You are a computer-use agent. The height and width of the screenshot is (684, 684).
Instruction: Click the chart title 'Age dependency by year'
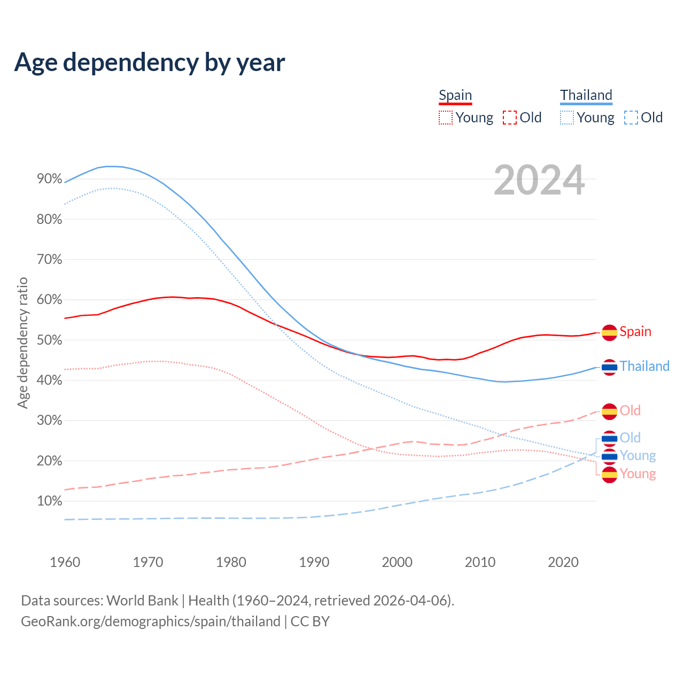pyautogui.click(x=150, y=63)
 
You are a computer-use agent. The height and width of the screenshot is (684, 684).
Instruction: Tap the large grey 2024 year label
pyautogui.click(x=539, y=181)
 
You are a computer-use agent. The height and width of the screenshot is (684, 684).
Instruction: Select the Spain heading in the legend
pyautogui.click(x=455, y=96)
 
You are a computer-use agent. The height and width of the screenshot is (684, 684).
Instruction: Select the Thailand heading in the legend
pyautogui.click(x=586, y=96)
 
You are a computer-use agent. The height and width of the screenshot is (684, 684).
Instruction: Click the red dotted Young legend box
pyautogui.click(x=446, y=118)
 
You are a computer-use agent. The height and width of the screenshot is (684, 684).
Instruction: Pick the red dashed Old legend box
pyautogui.click(x=510, y=118)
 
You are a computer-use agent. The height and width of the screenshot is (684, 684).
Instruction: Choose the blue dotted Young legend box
pyautogui.click(x=567, y=118)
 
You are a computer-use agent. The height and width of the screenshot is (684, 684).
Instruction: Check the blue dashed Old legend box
pyautogui.click(x=631, y=118)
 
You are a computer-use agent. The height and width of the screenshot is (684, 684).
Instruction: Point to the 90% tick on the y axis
pyautogui.click(x=50, y=179)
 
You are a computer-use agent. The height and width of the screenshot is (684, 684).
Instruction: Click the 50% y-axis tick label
pyautogui.click(x=50, y=340)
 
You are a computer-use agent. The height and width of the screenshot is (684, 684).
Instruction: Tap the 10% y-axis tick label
pyautogui.click(x=50, y=501)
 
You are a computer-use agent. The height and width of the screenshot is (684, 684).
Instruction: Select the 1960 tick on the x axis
pyautogui.click(x=65, y=562)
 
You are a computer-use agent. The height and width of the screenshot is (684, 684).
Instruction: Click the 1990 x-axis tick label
pyautogui.click(x=314, y=562)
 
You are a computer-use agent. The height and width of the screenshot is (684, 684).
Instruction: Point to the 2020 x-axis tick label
pyautogui.click(x=563, y=562)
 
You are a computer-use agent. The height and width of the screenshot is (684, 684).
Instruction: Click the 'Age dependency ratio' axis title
pyautogui.click(x=22, y=343)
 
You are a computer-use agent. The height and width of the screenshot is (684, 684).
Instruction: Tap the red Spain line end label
pyautogui.click(x=635, y=332)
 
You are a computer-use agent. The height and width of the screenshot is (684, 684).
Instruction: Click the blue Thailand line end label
pyautogui.click(x=644, y=367)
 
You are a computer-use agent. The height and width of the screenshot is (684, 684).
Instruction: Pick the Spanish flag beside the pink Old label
pyautogui.click(x=610, y=411)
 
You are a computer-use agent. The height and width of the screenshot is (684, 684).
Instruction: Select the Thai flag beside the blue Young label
pyautogui.click(x=610, y=456)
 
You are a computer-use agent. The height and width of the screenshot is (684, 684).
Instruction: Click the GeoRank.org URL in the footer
pyautogui.click(x=151, y=621)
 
